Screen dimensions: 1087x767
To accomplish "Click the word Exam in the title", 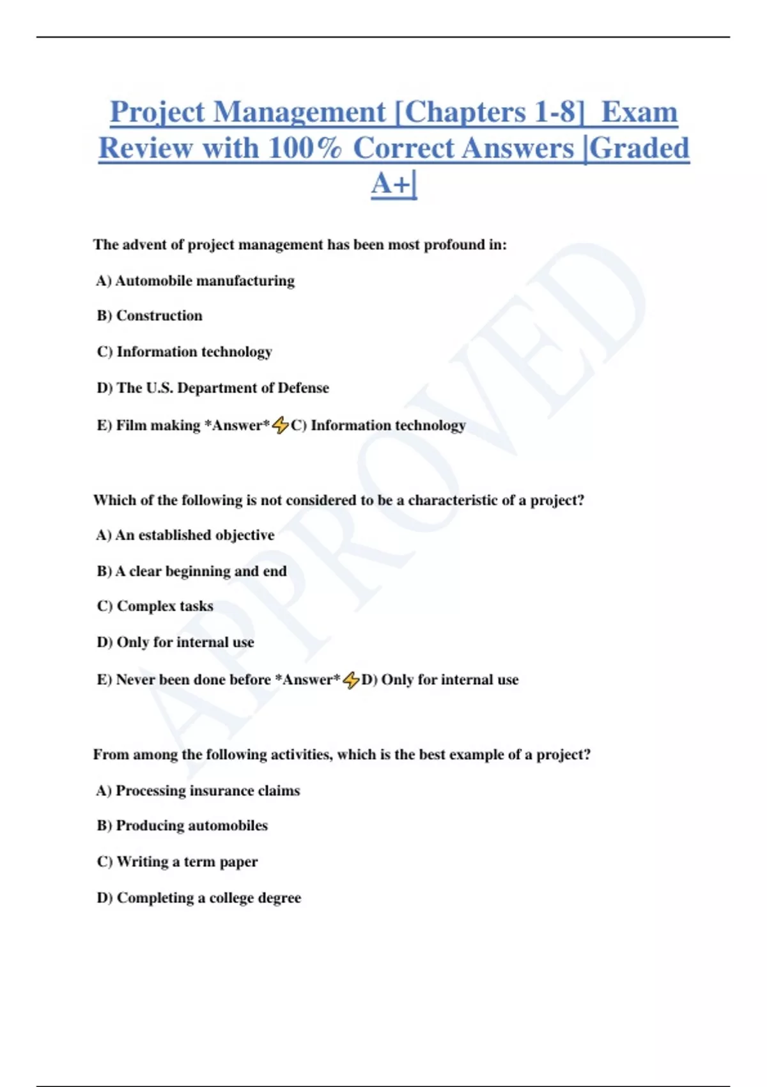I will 639,113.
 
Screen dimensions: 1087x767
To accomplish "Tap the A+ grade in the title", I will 392,184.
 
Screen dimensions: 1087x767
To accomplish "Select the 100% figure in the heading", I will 305,148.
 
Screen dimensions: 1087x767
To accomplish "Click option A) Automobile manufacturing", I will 196,281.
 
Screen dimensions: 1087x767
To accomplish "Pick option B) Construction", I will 150,316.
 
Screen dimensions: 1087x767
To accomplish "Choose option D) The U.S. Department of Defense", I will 213,388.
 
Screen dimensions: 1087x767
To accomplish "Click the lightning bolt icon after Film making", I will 281,425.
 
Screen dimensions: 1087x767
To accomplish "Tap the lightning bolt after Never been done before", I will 351,680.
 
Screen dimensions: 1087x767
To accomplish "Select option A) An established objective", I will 185,535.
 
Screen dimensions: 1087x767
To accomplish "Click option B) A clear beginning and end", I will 192,571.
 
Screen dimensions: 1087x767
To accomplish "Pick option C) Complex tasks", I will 155,606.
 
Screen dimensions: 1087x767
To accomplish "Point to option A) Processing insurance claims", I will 198,791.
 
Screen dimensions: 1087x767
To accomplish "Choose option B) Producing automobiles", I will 182,825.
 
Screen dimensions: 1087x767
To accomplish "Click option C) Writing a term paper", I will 178,862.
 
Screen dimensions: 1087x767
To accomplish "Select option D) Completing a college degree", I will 199,898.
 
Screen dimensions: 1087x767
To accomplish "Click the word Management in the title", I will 300,113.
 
